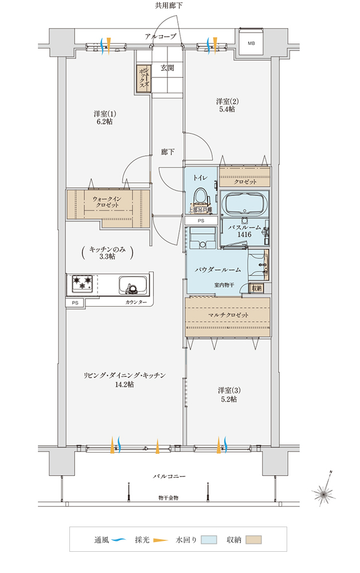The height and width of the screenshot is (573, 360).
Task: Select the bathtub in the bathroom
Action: tap(244, 204)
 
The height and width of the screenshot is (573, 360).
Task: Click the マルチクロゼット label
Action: tap(228, 316)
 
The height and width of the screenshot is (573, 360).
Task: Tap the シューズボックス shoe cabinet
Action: tap(143, 78)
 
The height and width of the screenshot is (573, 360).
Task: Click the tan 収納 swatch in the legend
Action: tap(253, 540)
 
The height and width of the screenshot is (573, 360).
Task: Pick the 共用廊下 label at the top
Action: tap(169, 6)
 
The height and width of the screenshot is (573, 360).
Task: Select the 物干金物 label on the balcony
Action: tap(168, 498)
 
